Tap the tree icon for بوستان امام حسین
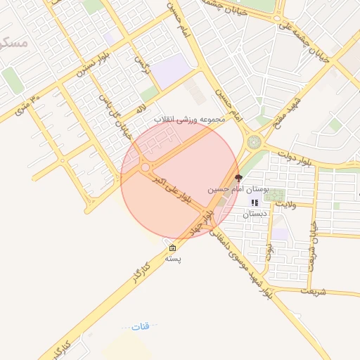pyautogui.click(x=238, y=179)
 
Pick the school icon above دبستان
pyautogui.click(x=255, y=203)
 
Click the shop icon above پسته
pyautogui.click(x=172, y=248)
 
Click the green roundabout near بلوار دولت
pyautogui.click(x=253, y=142)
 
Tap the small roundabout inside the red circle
pyautogui.click(x=146, y=167)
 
